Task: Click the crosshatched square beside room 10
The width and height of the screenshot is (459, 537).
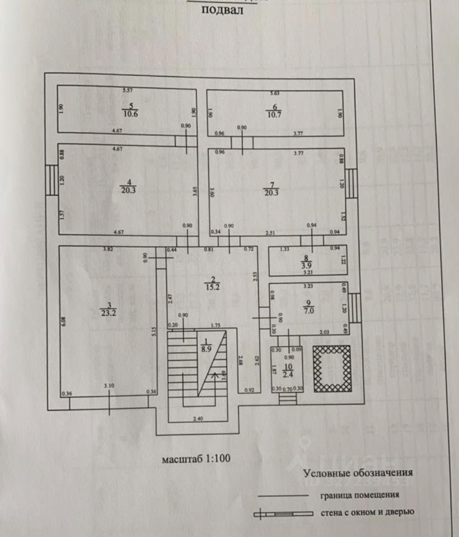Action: [331, 369]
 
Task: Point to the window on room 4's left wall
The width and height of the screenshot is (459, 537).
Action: [51, 180]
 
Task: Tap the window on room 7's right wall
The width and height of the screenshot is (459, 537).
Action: [350, 185]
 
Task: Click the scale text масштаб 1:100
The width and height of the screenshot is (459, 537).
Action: [196, 459]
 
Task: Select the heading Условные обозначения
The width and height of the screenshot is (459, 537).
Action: [358, 473]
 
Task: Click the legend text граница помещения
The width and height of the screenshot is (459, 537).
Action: [360, 494]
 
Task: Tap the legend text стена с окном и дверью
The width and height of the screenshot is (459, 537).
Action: [367, 512]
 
